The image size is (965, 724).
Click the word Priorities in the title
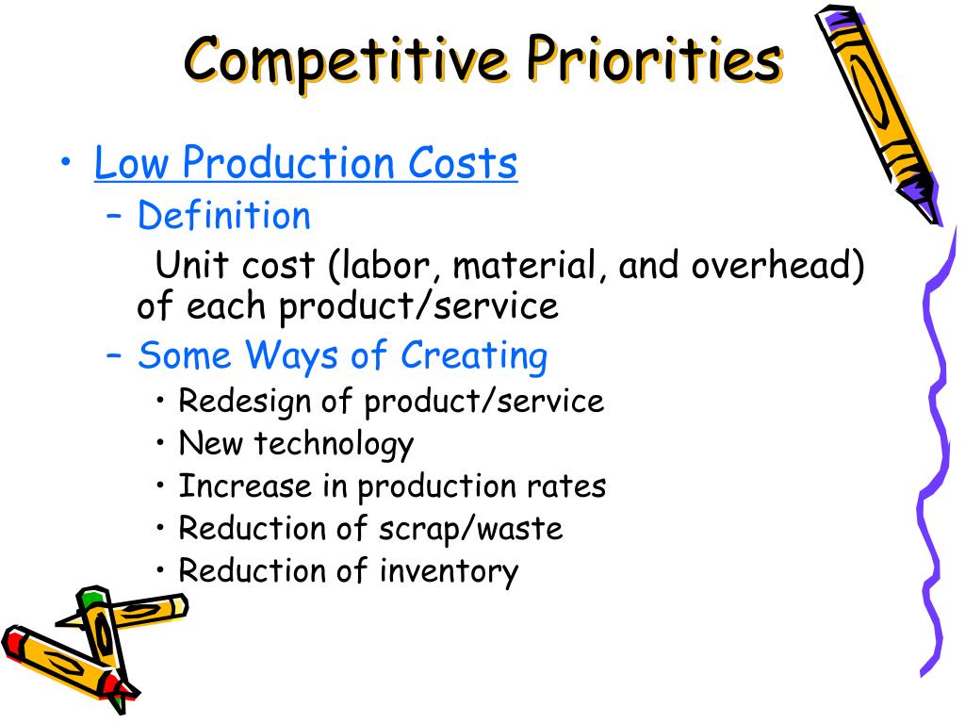655,59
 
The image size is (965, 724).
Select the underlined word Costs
463,163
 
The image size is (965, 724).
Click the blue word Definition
223,216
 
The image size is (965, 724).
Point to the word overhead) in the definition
778,266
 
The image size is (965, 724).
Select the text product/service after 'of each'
418,306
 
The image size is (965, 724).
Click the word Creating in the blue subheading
474,356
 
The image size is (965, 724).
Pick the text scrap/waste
472,528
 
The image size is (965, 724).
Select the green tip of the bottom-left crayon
90,599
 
